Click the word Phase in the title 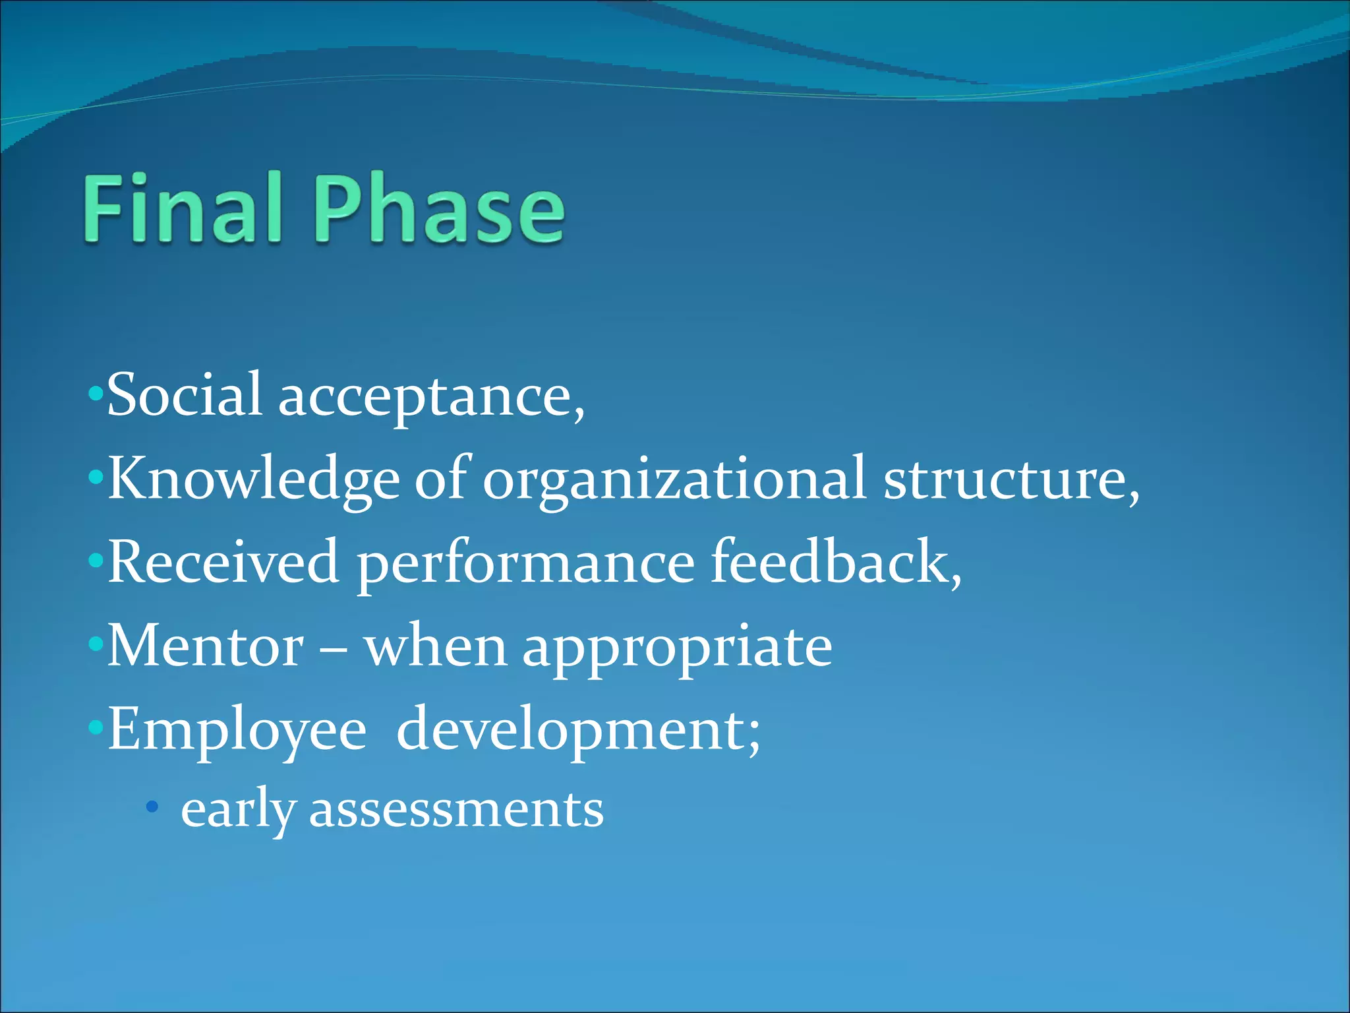[x=439, y=210]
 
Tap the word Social [x=185, y=395]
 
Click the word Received [x=223, y=562]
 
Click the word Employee [x=237, y=731]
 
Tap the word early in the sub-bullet [x=237, y=811]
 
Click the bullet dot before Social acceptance [x=96, y=394]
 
